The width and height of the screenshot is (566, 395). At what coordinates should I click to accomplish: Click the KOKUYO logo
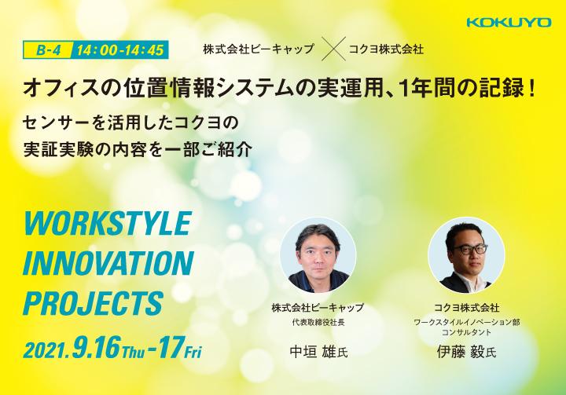[509, 22]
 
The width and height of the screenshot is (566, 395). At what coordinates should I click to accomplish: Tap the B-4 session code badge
[48, 49]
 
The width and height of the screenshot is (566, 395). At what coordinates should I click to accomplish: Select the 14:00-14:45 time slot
[120, 49]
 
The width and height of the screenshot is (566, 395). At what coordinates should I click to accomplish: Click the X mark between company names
[333, 49]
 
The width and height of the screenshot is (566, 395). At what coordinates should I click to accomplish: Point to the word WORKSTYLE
[107, 223]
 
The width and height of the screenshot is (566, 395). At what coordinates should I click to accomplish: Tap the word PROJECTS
[93, 303]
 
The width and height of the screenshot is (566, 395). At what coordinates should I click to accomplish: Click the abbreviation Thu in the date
[133, 352]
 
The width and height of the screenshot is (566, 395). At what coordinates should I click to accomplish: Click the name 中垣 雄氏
[318, 352]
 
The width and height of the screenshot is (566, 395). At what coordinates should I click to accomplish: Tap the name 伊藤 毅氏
[466, 352]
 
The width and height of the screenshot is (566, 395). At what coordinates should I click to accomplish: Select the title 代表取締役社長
[318, 322]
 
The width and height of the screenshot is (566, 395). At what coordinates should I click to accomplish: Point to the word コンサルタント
[466, 332]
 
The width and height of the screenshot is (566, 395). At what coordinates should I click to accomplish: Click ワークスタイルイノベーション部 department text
[466, 322]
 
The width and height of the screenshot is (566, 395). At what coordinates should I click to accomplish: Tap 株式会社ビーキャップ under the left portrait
[318, 308]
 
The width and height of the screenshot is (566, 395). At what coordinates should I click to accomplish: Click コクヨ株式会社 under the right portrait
[466, 308]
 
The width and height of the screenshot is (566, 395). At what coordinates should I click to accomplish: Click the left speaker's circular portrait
[318, 255]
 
